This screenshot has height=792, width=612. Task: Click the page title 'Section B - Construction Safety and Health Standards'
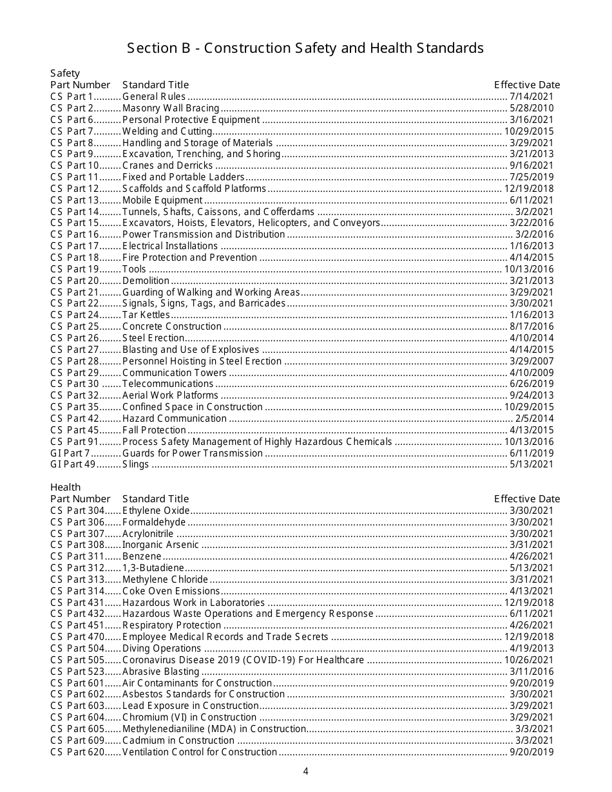pyautogui.click(x=305, y=48)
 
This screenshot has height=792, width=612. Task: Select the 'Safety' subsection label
pyautogui.click(x=65, y=73)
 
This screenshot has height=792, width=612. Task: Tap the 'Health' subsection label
pyautogui.click(x=65, y=487)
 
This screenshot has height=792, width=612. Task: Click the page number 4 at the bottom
pyautogui.click(x=306, y=772)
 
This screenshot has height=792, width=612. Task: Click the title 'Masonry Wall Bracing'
pyautogui.click(x=171, y=108)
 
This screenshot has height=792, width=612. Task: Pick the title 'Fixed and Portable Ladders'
pyautogui.click(x=184, y=177)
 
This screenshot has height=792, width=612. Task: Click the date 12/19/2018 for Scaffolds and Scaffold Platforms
pyautogui.click(x=529, y=189)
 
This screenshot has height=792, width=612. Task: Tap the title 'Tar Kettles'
pyautogui.click(x=146, y=315)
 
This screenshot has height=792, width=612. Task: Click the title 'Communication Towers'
pyautogui.click(x=175, y=373)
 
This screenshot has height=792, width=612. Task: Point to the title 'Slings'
pyautogui.click(x=135, y=464)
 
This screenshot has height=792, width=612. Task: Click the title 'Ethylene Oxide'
pyautogui.click(x=156, y=511)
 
